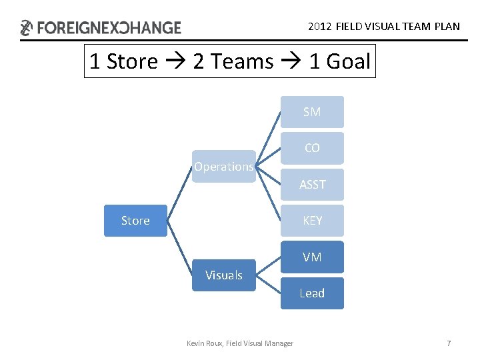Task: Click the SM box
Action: coord(312,112)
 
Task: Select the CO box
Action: coord(312,148)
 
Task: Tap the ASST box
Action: coord(312,185)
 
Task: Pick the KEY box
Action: coord(312,221)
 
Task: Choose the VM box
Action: coord(312,257)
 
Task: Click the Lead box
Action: coord(312,293)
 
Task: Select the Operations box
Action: coord(224,167)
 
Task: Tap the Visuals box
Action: coord(224,275)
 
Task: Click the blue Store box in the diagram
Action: coord(135,221)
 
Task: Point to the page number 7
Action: coord(449,343)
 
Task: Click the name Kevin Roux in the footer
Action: coord(204,343)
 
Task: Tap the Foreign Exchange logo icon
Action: coord(26,28)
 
